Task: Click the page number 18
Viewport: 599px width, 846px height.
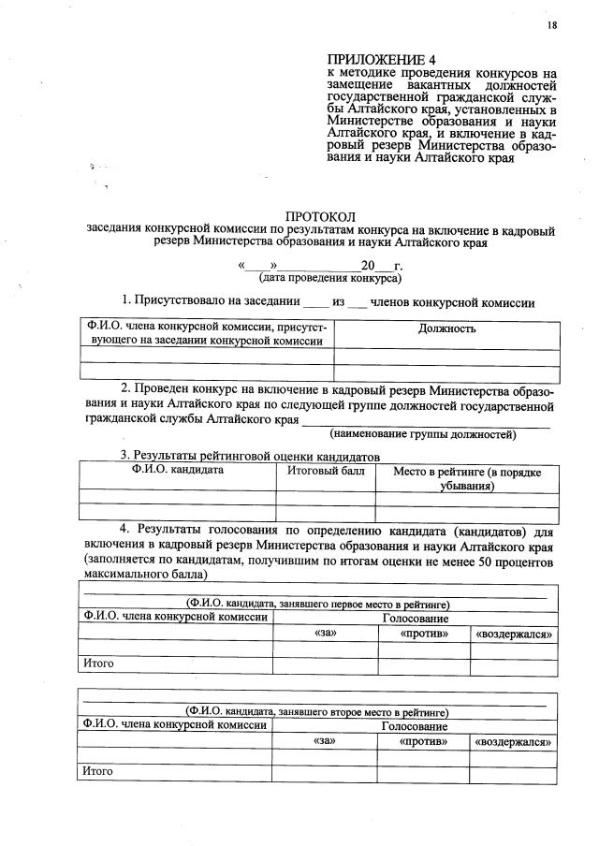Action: click(552, 25)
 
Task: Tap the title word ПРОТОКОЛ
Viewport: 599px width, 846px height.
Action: click(320, 216)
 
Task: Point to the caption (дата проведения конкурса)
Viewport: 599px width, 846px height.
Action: click(330, 278)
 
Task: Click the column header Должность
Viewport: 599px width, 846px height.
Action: click(446, 328)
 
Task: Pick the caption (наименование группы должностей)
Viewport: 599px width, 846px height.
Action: click(422, 434)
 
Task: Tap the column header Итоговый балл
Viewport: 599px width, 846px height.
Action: click(326, 471)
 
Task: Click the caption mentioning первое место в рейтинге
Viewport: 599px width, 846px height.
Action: click(317, 604)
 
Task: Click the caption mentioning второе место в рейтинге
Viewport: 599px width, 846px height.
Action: click(317, 712)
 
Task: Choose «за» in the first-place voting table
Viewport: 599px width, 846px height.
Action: click(324, 634)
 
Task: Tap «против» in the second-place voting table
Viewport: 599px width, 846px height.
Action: click(423, 741)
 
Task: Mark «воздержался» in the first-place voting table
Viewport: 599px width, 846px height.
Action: click(513, 634)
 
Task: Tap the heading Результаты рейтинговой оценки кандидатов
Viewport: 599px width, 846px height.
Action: click(249, 455)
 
